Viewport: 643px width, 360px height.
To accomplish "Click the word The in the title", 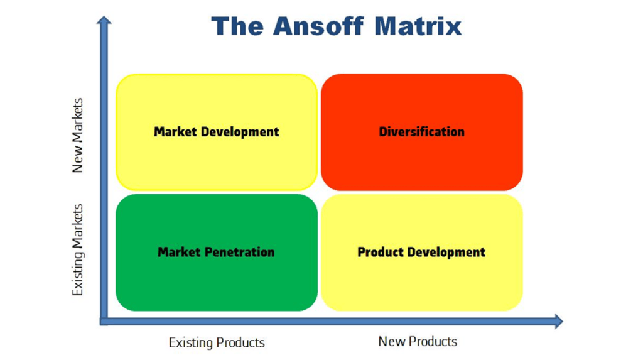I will click(x=236, y=26).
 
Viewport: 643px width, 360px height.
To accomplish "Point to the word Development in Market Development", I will click(x=240, y=132).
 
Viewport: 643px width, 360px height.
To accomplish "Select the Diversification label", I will click(x=421, y=132).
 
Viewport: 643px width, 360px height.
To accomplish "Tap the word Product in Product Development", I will click(x=380, y=252).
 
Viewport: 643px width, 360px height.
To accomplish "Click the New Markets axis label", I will click(x=77, y=135).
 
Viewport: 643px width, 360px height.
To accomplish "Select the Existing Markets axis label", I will click(x=77, y=249).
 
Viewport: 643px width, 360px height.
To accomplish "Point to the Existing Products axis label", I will click(x=217, y=342).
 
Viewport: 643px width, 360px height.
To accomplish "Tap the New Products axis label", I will click(x=418, y=341).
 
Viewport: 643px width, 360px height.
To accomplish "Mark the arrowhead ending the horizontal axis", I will click(x=557, y=322).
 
